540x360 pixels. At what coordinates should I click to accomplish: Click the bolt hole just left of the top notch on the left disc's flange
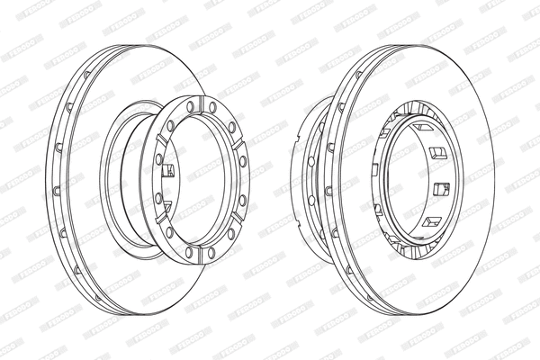(191, 106)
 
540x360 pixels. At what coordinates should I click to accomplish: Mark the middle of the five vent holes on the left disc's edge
(57, 190)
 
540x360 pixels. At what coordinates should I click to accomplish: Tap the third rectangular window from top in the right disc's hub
(440, 188)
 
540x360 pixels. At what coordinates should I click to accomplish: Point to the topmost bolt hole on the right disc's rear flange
(319, 127)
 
